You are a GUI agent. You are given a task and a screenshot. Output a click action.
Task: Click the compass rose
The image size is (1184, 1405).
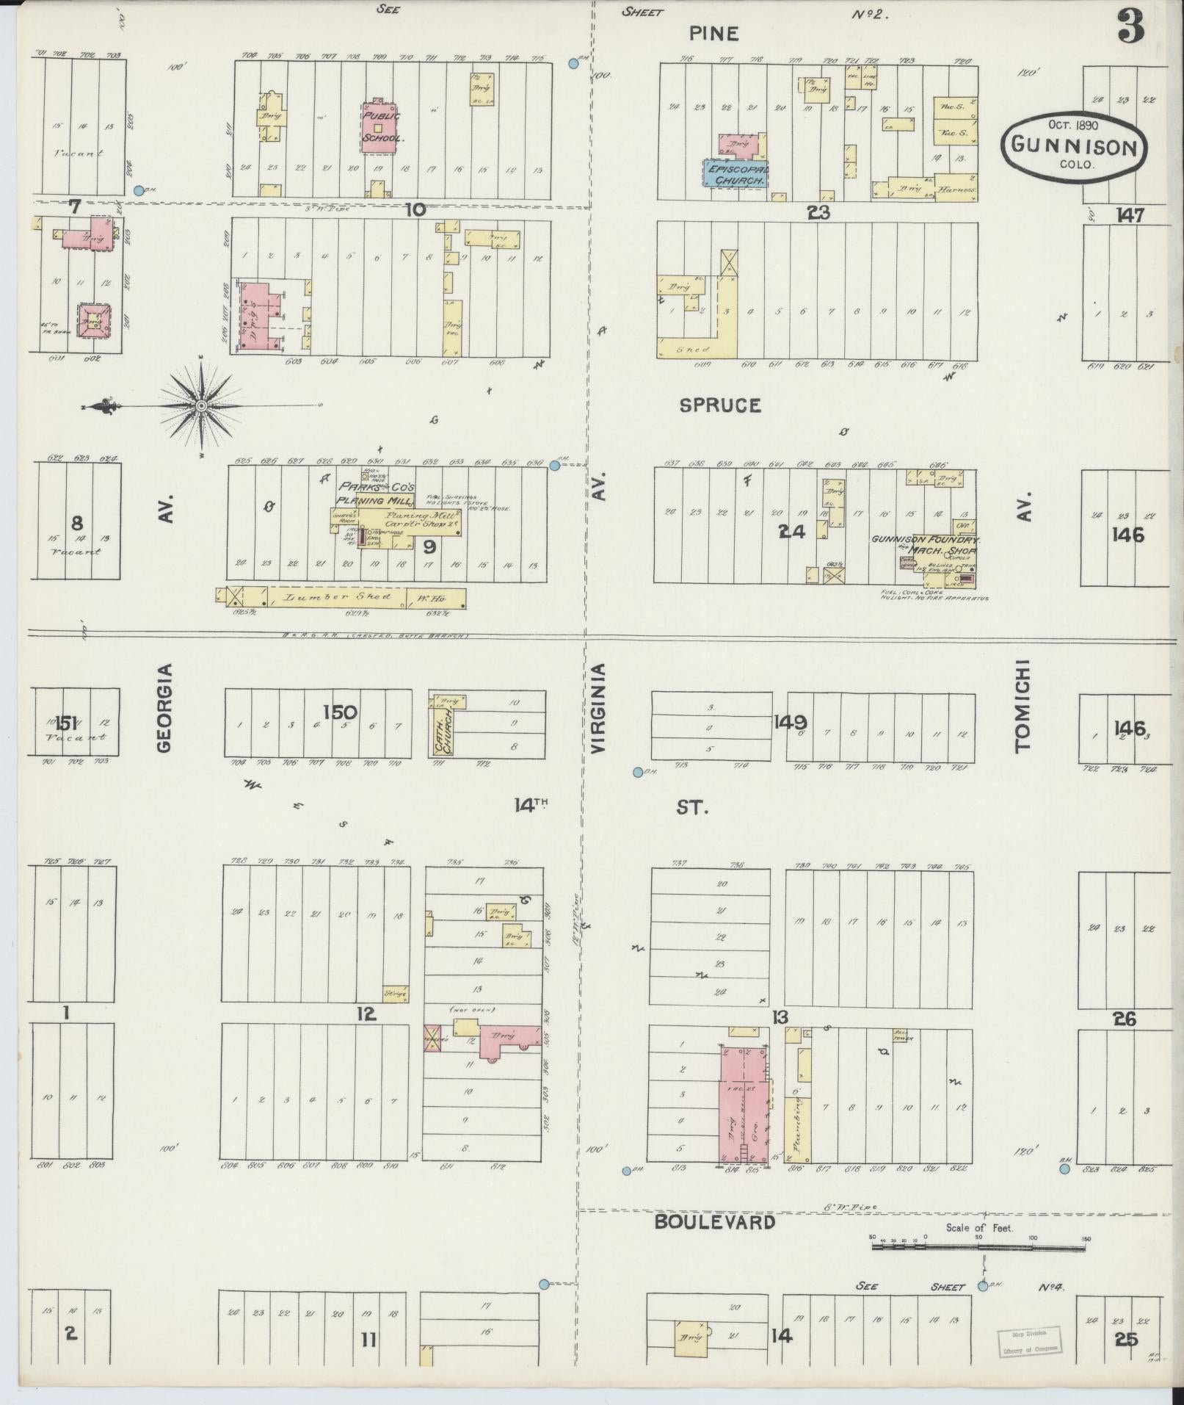pyautogui.click(x=200, y=405)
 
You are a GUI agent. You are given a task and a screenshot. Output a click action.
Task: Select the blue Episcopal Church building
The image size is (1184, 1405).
pyautogui.click(x=736, y=174)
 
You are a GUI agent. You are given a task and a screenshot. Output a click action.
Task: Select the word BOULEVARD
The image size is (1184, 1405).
pyautogui.click(x=714, y=1222)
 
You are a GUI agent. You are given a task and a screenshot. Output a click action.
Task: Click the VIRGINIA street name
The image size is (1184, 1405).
pyautogui.click(x=598, y=708)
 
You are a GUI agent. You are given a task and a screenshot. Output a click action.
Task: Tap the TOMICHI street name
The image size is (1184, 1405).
pyautogui.click(x=1023, y=705)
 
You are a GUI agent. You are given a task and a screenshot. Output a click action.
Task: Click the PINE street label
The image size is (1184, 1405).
pyautogui.click(x=713, y=33)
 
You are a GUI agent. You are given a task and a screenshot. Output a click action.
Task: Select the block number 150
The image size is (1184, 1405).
pyautogui.click(x=340, y=712)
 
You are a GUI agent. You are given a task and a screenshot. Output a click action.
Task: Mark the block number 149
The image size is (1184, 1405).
pyautogui.click(x=790, y=722)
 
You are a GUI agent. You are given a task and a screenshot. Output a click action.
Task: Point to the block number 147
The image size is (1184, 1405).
pyautogui.click(x=1131, y=215)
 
